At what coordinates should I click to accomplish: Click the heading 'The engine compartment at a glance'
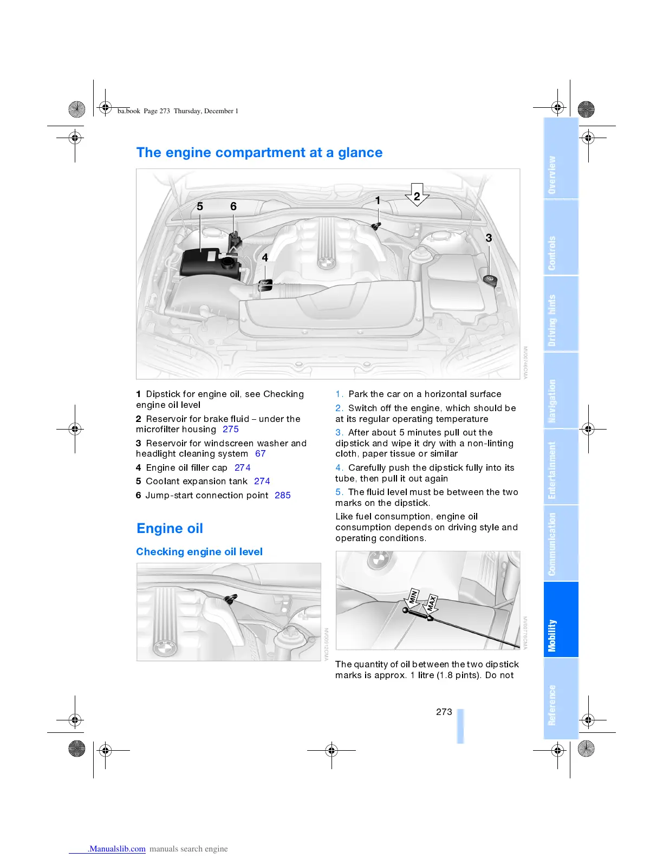pos(259,153)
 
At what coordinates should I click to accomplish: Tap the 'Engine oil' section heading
pos(170,528)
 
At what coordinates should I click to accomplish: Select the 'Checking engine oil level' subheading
pos(199,551)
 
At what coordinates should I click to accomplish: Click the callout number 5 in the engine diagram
pos(200,206)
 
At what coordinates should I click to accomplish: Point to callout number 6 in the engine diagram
pos(233,206)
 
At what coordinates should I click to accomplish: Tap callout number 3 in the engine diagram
pos(489,238)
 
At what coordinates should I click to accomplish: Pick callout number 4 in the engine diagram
pos(265,258)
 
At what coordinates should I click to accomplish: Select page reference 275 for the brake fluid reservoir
pos(231,429)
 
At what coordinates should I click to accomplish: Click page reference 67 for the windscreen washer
pos(261,453)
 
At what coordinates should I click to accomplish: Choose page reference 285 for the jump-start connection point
pos(283,495)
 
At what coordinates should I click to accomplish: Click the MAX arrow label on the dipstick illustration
pos(431,603)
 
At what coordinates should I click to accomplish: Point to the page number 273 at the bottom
pos(444,712)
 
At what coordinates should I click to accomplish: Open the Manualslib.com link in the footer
pos(116,849)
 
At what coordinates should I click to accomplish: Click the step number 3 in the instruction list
pos(339,432)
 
